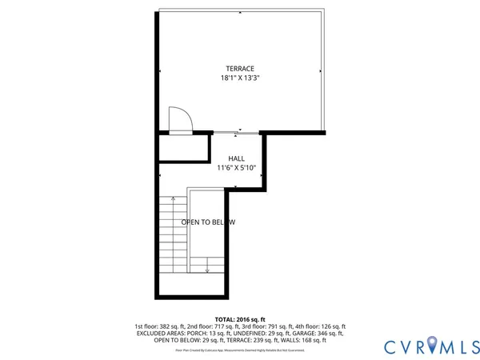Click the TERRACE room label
click(240, 69)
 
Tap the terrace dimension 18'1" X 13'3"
click(240, 78)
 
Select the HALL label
click(236, 158)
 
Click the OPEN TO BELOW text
click(208, 222)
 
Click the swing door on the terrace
click(181, 119)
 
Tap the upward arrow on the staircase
click(173, 199)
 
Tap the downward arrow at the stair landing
click(207, 268)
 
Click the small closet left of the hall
click(182, 148)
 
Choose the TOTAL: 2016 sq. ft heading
click(240, 318)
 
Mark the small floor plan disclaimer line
click(240, 350)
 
